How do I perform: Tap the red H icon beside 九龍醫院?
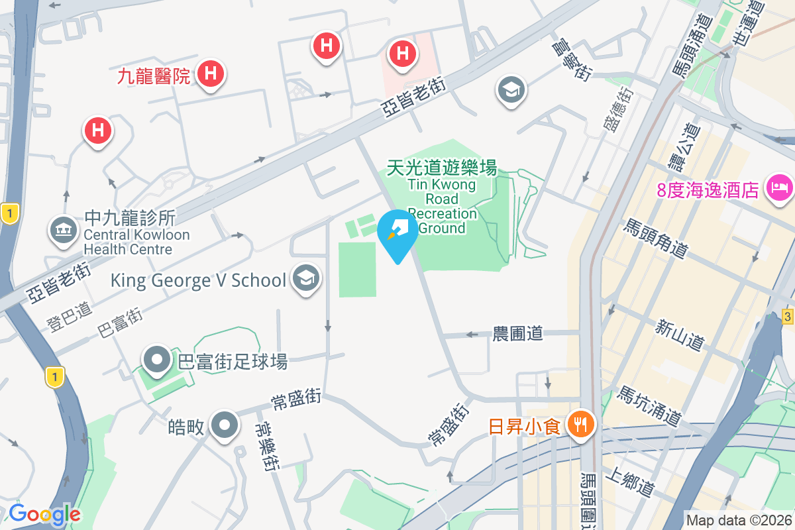tap(210, 74)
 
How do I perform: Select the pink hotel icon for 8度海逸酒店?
tap(779, 187)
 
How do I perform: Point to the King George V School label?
tap(198, 280)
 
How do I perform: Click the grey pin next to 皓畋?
tap(224, 425)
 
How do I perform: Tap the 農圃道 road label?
tap(517, 333)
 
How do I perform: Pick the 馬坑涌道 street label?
tap(649, 406)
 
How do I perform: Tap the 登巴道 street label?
tap(70, 316)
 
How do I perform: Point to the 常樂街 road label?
tap(268, 446)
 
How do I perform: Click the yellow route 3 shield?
tap(787, 315)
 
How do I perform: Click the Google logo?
tap(44, 514)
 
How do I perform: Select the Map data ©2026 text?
tap(738, 520)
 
